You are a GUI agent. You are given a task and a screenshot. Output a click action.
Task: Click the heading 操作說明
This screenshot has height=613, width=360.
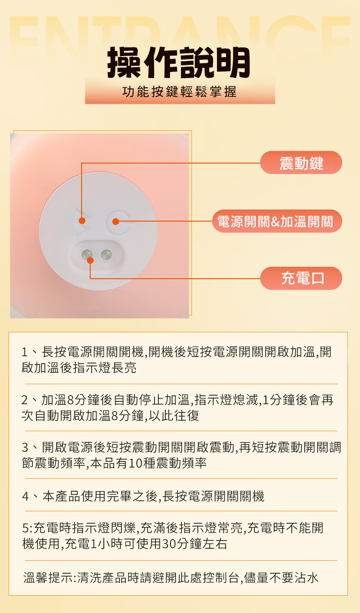179,62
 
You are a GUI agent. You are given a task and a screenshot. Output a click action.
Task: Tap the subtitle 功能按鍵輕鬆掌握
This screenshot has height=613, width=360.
180,92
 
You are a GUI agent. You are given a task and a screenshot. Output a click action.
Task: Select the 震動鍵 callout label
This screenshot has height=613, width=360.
301,163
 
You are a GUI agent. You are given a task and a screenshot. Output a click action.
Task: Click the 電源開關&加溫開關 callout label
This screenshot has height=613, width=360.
277,221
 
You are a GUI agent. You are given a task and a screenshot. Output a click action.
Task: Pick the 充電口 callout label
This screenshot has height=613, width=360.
301,278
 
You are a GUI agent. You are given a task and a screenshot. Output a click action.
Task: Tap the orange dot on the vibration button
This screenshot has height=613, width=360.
82,221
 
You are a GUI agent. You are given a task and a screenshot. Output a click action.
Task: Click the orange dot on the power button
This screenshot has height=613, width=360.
116,222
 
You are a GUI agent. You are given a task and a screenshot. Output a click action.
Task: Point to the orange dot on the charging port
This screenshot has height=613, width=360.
90,260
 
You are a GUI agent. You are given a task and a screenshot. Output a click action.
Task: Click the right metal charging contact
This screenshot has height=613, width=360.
106,255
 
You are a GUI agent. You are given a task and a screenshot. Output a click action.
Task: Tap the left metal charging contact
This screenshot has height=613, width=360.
87,255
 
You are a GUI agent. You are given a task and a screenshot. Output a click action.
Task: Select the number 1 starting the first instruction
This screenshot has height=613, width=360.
24,352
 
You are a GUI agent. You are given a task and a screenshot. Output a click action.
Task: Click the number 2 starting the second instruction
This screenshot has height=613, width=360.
24,400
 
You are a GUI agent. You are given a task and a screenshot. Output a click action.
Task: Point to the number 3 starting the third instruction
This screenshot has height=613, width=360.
25,448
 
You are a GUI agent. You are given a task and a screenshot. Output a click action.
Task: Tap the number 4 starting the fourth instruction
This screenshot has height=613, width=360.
25,496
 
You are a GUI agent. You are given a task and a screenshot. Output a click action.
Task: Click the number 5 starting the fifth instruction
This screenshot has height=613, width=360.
25,528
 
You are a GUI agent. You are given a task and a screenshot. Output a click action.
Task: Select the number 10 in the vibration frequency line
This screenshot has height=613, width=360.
134,463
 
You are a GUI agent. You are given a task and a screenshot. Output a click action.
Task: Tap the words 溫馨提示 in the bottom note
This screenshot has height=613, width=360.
48,578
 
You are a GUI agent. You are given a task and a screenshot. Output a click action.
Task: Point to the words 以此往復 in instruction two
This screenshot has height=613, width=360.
174,415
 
